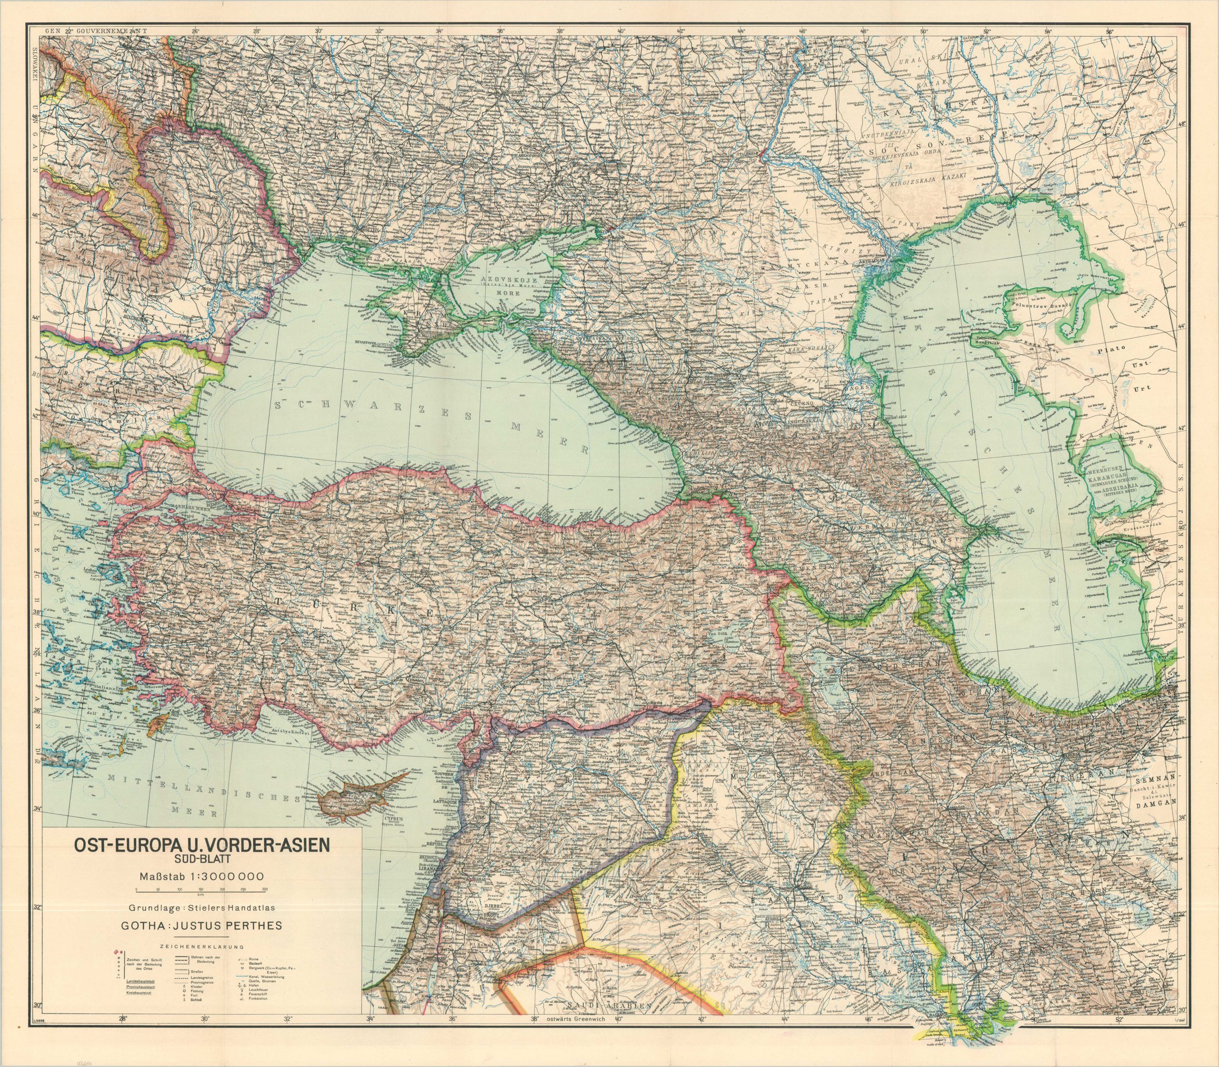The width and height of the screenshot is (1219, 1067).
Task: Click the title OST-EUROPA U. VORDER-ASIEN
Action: tap(200, 846)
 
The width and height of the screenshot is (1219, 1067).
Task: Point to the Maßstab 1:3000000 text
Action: tap(200, 876)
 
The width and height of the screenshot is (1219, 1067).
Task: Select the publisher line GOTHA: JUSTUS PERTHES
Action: tap(200, 926)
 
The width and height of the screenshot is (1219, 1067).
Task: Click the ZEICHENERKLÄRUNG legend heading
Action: tap(200, 946)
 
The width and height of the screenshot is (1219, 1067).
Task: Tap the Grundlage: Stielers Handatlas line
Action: tap(200, 908)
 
